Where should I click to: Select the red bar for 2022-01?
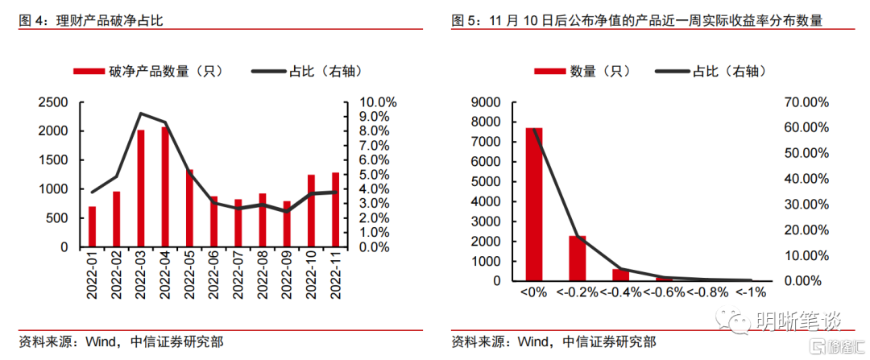[x=92, y=226]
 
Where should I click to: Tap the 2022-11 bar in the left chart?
[x=336, y=209]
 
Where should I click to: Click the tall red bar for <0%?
[x=534, y=205]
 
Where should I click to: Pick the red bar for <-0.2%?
[x=578, y=259]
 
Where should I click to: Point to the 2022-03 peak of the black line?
[x=141, y=114]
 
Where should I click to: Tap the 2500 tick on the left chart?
[x=53, y=102]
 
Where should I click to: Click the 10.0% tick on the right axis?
[x=378, y=102]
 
